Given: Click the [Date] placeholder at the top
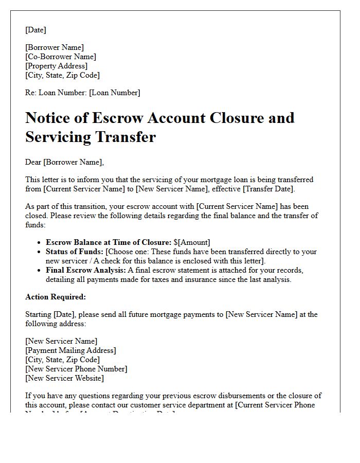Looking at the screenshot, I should pyautogui.click(x=35, y=30).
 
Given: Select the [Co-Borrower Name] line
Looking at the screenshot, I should pyautogui.click(x=61, y=57).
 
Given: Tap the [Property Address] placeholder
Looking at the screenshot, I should pyautogui.click(x=57, y=66).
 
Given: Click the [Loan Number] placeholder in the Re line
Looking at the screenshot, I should pyautogui.click(x=114, y=93).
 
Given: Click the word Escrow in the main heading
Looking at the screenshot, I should pyautogui.click(x=118, y=118).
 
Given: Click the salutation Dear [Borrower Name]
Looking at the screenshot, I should pyautogui.click(x=64, y=162).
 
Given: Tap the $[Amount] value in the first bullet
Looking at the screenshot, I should pyautogui.click(x=192, y=242).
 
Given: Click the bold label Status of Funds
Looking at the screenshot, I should pyautogui.click(x=74, y=252).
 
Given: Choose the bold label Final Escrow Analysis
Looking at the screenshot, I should pyautogui.click(x=85, y=270).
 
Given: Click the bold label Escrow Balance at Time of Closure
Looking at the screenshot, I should pyautogui.click(x=108, y=242).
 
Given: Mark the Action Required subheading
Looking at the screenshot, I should pyautogui.click(x=56, y=297).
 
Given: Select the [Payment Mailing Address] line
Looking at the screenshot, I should pyautogui.click(x=70, y=350).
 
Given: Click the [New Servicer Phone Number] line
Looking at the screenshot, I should pyautogui.click(x=76, y=369).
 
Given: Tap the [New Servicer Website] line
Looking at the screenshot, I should pyautogui.click(x=64, y=378).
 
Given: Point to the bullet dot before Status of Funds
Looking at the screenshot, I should pyautogui.click(x=40, y=252).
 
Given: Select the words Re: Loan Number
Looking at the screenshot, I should pyautogui.click(x=56, y=93).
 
